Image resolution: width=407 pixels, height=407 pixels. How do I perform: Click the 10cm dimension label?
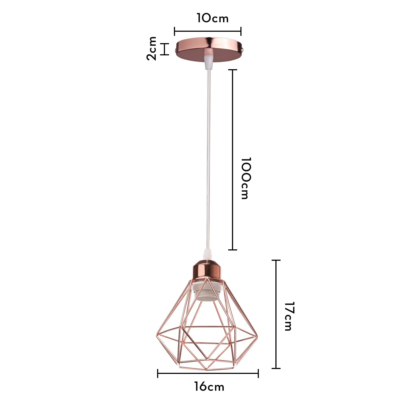pyautogui.click(x=212, y=18)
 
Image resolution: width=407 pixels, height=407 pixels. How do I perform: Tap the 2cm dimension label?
pyautogui.click(x=152, y=49)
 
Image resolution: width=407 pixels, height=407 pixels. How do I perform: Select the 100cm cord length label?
pyautogui.click(x=247, y=178)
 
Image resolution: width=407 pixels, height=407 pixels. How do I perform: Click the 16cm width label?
pyautogui.click(x=209, y=387)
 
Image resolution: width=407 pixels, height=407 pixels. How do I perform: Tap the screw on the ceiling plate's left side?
pyautogui.click(x=176, y=50)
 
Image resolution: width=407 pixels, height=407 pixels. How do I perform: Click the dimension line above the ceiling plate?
pyautogui.click(x=208, y=31)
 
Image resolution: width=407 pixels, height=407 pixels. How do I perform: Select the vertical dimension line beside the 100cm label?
pyautogui.click(x=233, y=160)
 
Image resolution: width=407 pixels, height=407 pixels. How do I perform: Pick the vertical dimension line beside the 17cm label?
pyautogui.click(x=276, y=314)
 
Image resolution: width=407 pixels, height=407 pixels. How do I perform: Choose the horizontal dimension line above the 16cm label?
pyautogui.click(x=208, y=373)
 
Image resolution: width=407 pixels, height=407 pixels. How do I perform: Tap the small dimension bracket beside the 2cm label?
pyautogui.click(x=164, y=49)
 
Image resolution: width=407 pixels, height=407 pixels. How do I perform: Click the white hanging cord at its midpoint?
pyautogui.click(x=208, y=157)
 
